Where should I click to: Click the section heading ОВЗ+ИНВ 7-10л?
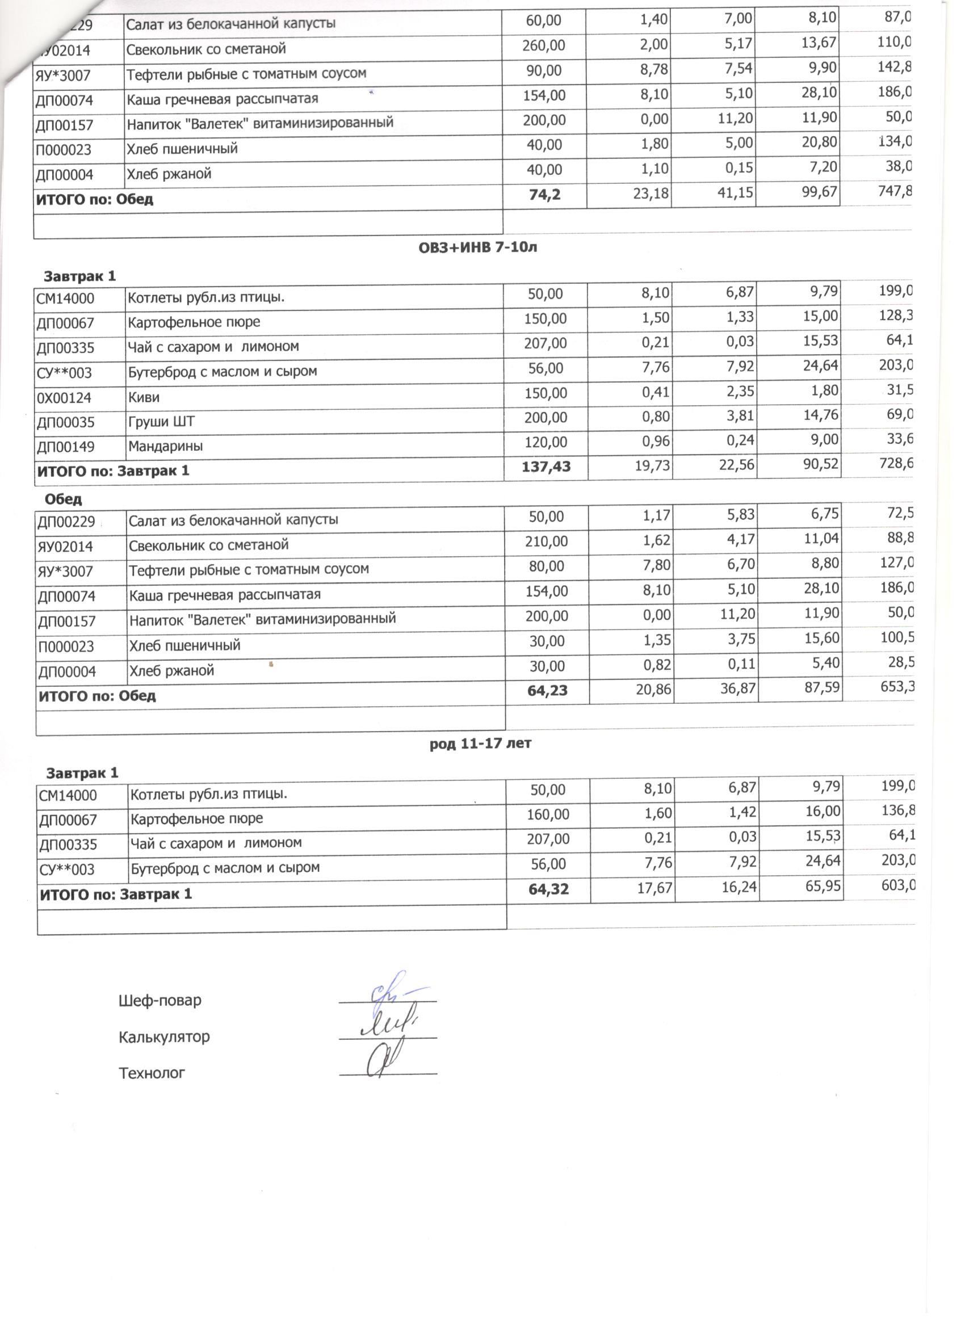click(x=477, y=247)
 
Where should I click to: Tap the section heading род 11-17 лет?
click(x=480, y=744)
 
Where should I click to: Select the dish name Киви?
click(x=144, y=397)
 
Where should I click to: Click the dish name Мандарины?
click(x=166, y=447)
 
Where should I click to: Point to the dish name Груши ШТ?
click(x=162, y=422)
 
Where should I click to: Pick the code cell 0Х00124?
click(x=64, y=398)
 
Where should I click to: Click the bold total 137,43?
click(x=546, y=467)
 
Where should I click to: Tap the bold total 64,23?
click(x=547, y=691)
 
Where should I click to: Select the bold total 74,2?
click(x=544, y=195)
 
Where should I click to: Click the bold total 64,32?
click(x=548, y=889)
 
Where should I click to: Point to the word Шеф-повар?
click(x=160, y=1001)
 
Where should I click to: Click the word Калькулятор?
click(x=164, y=1038)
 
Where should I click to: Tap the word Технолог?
click(x=152, y=1074)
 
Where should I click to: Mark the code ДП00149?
click(x=66, y=447)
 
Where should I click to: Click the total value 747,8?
click(x=894, y=191)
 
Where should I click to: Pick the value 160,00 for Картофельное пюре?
click(x=548, y=814)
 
